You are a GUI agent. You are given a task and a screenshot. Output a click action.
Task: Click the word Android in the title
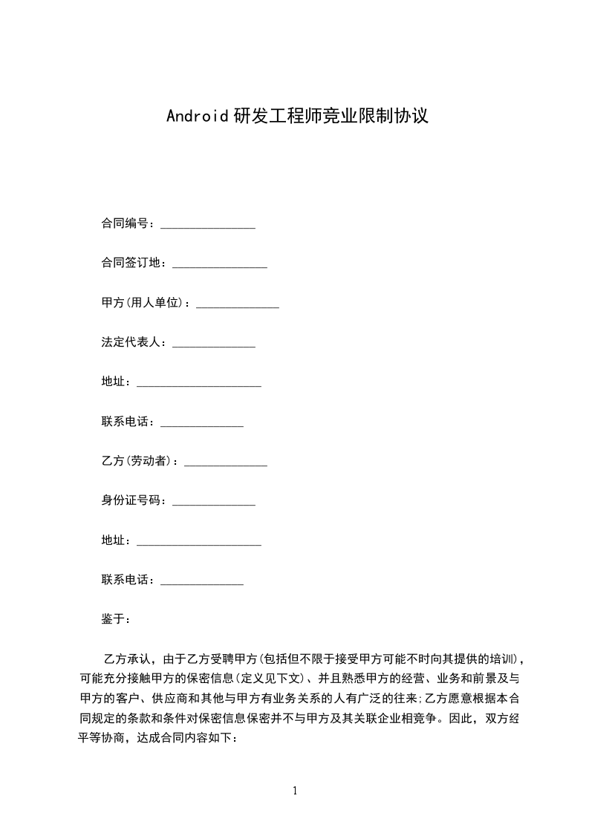196,117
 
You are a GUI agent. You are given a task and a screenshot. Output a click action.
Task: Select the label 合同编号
125,223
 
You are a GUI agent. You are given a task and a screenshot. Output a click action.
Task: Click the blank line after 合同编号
208,226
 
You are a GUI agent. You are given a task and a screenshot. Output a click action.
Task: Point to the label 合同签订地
131,263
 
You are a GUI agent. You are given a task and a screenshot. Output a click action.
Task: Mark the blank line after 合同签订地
219,266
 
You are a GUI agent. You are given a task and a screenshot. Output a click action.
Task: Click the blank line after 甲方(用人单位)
237,305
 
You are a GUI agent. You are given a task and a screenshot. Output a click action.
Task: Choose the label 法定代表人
131,343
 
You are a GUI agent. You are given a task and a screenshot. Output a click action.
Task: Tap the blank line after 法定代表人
213,345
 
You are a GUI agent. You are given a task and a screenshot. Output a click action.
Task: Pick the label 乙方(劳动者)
137,462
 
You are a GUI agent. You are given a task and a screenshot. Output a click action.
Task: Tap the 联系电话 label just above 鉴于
125,581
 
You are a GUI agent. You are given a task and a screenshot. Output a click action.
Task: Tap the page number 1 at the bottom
295,791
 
